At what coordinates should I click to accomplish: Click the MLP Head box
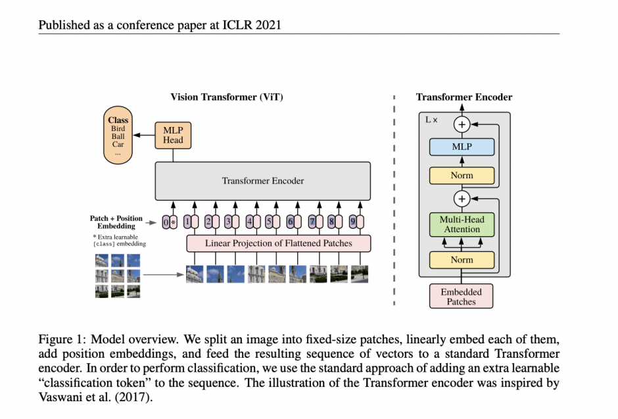tap(174, 135)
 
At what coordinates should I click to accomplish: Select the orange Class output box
tap(118, 139)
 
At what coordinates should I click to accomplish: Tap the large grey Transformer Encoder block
tap(262, 180)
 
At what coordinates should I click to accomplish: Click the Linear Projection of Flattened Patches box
tap(279, 243)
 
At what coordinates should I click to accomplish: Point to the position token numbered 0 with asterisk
tap(170, 222)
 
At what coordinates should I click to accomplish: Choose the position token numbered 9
tap(356, 222)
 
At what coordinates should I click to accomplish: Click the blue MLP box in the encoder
tap(462, 147)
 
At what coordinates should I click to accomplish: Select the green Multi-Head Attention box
tap(462, 224)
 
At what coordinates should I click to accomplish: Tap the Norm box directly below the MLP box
tap(462, 176)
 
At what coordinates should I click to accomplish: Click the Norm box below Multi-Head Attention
tap(462, 260)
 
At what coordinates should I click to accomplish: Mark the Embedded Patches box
tap(462, 297)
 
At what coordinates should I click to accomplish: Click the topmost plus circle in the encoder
tap(462, 124)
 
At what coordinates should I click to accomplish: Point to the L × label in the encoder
tap(431, 120)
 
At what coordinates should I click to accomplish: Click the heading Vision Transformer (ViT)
tap(227, 97)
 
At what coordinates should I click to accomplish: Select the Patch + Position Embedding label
tap(116, 222)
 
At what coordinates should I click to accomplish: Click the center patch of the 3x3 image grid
tap(118, 276)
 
